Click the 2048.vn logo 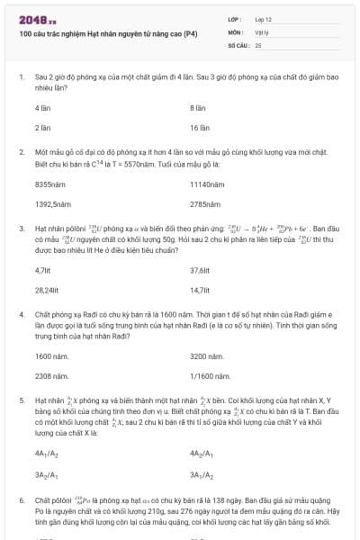click(37, 18)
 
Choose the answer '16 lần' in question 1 click(199, 128)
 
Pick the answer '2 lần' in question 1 click(42, 128)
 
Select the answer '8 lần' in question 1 click(198, 107)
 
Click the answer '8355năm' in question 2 click(47, 184)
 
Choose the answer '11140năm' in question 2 click(204, 184)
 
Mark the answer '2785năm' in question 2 click(202, 204)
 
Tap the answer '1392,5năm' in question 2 click(48, 204)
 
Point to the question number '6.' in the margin click(22, 499)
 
